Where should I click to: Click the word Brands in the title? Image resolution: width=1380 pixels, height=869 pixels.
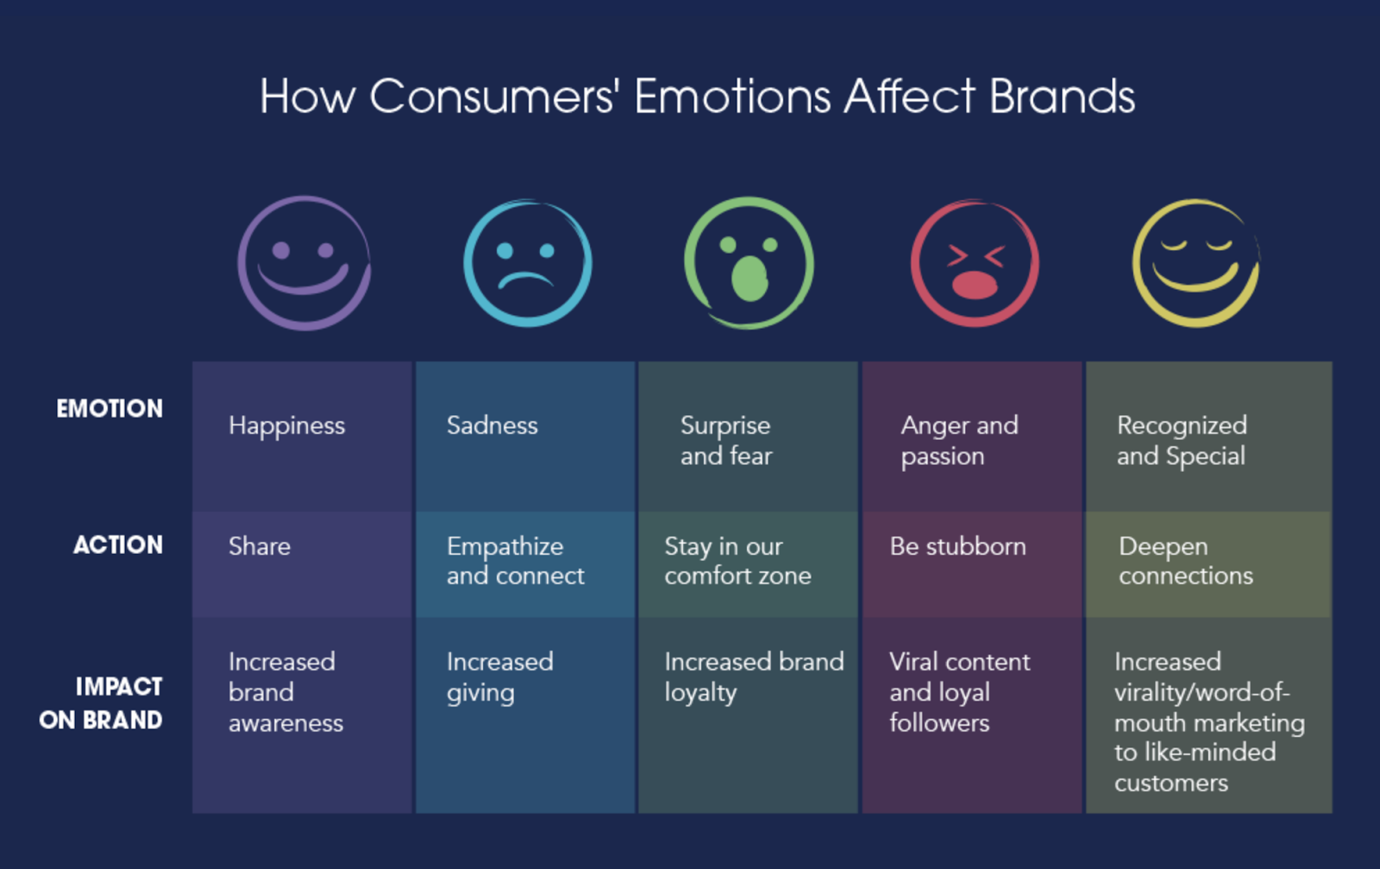1062,96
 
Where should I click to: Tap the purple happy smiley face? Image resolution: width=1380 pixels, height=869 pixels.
304,262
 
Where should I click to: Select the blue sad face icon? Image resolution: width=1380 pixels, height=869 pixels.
527,262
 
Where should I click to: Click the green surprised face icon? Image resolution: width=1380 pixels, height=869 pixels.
749,262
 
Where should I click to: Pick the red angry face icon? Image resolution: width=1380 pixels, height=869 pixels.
975,262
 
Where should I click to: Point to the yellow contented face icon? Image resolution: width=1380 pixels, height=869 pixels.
1195,262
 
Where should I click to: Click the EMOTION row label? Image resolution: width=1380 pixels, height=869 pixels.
110,408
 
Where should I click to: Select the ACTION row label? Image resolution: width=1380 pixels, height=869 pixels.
118,545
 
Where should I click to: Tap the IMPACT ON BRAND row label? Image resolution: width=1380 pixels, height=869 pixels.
101,702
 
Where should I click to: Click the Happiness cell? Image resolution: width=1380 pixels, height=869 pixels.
286,425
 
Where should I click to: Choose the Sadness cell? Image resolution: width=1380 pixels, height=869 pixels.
492,425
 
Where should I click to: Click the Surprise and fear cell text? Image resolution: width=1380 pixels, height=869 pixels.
726,440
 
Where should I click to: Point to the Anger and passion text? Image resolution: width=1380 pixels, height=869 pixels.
959,440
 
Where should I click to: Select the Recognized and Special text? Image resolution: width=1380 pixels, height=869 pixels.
1182,440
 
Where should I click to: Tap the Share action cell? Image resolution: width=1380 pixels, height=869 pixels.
260,546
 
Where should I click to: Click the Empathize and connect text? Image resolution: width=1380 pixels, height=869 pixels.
515,561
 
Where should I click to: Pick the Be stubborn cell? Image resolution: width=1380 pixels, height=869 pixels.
957,546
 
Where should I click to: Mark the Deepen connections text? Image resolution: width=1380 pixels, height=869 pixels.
1186,561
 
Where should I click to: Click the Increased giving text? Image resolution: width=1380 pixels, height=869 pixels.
499,677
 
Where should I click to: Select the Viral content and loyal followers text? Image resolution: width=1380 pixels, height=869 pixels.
959,692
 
